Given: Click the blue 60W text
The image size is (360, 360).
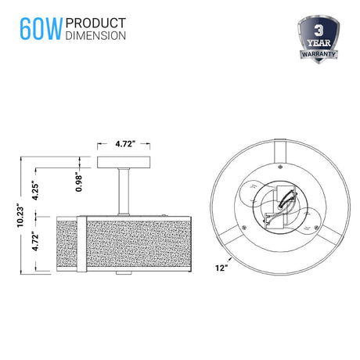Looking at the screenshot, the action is (41, 29).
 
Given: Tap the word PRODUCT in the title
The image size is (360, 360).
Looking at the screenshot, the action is (95, 23).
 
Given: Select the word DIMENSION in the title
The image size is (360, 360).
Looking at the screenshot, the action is (95, 36).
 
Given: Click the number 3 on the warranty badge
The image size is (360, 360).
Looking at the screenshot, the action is (319, 31).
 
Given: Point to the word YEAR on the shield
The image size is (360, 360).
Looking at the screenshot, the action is (319, 43).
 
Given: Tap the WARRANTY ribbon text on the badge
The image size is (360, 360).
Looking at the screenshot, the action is (319, 54).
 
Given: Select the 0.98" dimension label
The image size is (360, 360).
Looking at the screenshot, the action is (78, 182).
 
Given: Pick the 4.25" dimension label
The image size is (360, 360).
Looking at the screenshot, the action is (35, 190).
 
